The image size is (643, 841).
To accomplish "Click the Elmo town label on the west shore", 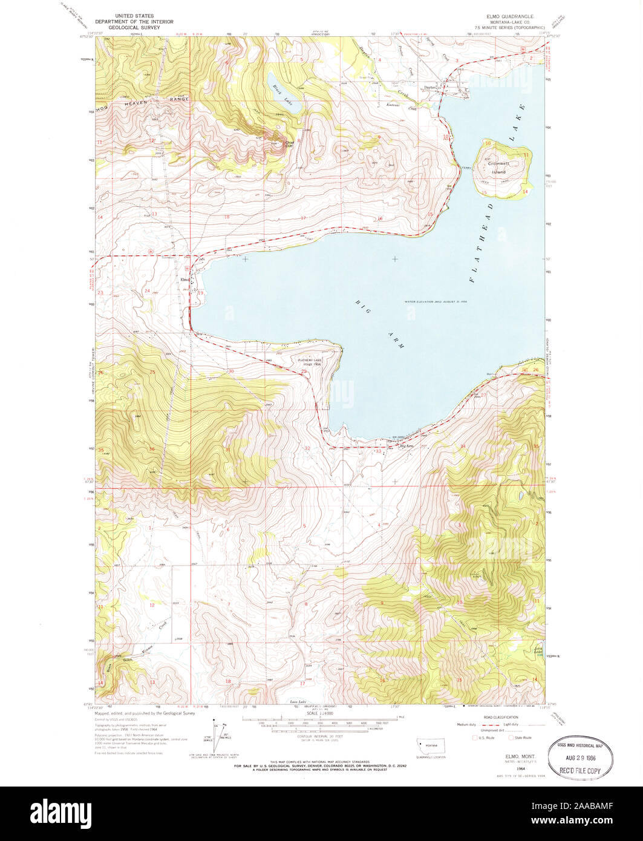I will pos(184,279).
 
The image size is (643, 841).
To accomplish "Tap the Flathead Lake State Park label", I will pos(309,362).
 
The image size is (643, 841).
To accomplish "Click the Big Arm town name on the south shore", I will pos(407,447).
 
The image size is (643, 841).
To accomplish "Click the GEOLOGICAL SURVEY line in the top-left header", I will pos(134,27).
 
